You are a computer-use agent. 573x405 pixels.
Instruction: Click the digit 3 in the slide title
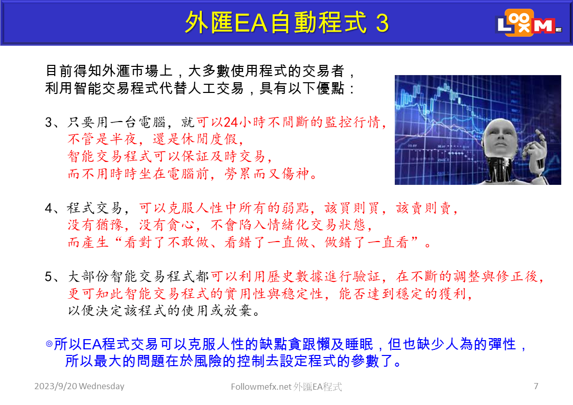382,23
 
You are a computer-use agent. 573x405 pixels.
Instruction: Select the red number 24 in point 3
231,122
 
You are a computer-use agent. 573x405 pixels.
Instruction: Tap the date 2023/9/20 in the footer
56,386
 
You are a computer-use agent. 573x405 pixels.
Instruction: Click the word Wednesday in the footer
102,386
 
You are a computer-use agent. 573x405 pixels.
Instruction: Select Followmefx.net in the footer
261,387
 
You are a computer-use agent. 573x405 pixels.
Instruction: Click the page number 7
536,386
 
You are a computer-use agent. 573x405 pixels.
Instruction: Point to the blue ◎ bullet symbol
49,344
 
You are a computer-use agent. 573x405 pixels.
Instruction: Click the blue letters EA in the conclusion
92,344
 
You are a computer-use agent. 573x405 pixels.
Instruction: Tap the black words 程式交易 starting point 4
94,208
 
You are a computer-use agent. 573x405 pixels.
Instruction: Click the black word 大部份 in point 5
89,276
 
